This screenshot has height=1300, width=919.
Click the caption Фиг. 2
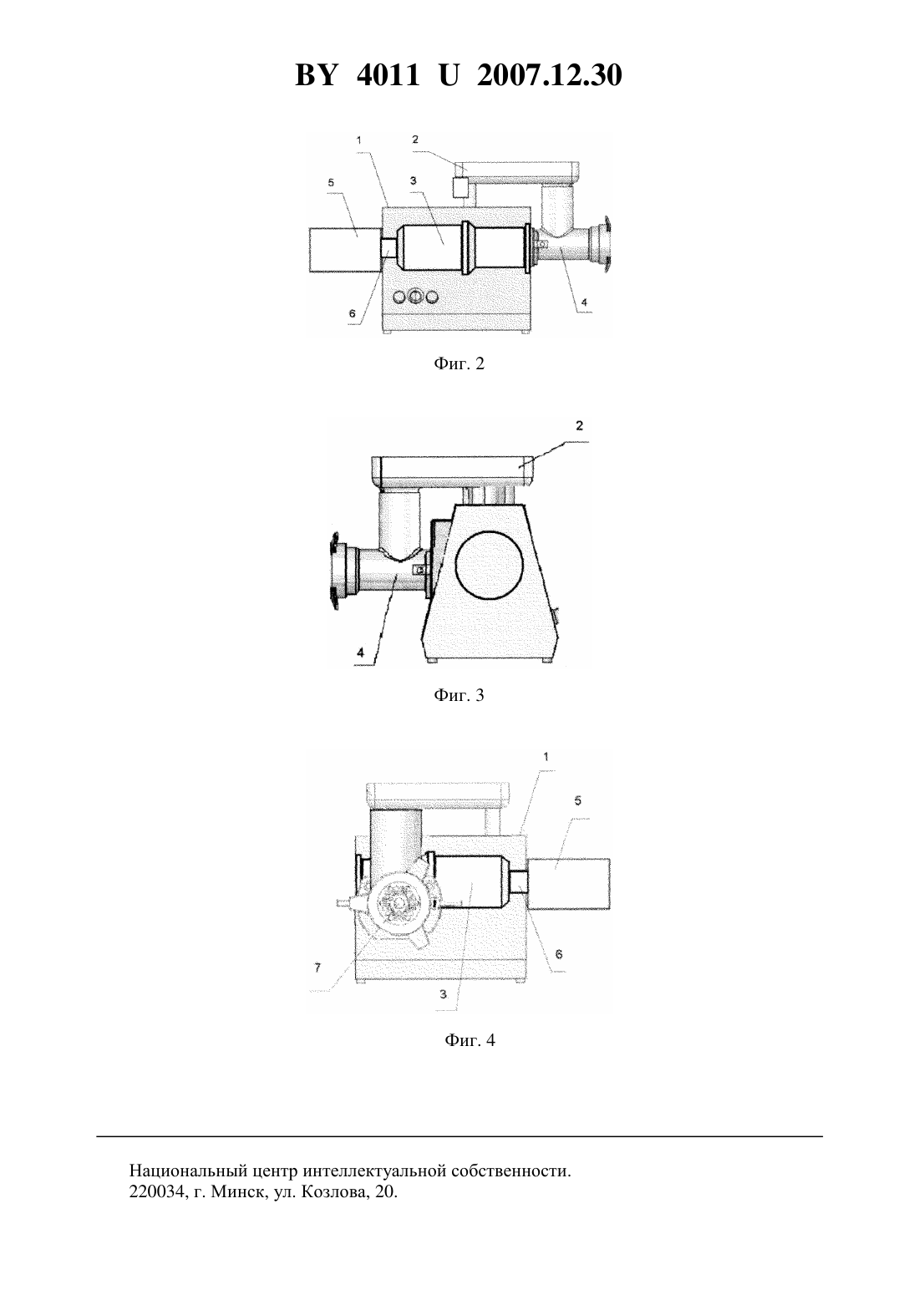[459, 364]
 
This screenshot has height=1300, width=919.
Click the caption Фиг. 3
[459, 695]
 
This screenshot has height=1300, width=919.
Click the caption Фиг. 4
[470, 1040]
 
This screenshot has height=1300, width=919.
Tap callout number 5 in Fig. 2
[331, 183]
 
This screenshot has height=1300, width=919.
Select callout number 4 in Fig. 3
[360, 653]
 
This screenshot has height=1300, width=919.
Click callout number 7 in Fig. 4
[317, 967]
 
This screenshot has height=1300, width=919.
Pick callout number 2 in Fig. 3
[579, 426]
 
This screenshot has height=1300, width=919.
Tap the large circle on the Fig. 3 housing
[489, 564]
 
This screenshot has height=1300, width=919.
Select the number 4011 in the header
[388, 75]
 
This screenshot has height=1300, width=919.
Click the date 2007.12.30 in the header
[550, 75]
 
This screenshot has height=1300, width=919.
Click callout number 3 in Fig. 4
[444, 994]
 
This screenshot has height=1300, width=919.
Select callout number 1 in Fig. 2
[359, 140]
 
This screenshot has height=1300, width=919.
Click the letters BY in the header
[316, 75]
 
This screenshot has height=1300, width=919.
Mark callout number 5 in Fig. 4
[577, 800]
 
